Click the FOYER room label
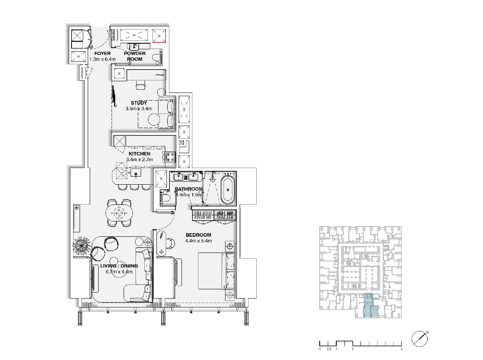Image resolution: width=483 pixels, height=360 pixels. click(102, 53)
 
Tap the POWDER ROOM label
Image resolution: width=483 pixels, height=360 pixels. click(135, 56)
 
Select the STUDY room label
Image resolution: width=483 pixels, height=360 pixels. click(139, 103)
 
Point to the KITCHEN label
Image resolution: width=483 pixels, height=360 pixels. click(139, 154)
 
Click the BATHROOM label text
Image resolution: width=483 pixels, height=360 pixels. click(189, 189)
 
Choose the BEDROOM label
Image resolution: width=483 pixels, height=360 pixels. click(198, 235)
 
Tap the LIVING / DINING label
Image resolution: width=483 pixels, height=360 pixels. click(119, 266)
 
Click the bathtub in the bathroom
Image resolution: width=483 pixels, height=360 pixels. click(228, 190)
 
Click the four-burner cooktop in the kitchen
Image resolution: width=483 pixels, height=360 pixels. click(171, 157)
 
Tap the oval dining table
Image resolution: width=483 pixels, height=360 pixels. click(119, 212)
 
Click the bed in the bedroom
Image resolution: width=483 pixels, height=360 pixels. click(217, 271)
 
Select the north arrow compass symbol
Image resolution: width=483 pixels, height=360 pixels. click(420, 339)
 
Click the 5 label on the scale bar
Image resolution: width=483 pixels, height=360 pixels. click(402, 349)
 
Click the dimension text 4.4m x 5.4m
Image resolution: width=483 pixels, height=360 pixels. click(198, 241)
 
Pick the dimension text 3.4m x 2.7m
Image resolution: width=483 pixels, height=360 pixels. click(139, 160)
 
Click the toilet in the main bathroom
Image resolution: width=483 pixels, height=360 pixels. click(165, 198)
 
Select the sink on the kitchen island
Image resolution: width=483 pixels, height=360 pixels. click(136, 173)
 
